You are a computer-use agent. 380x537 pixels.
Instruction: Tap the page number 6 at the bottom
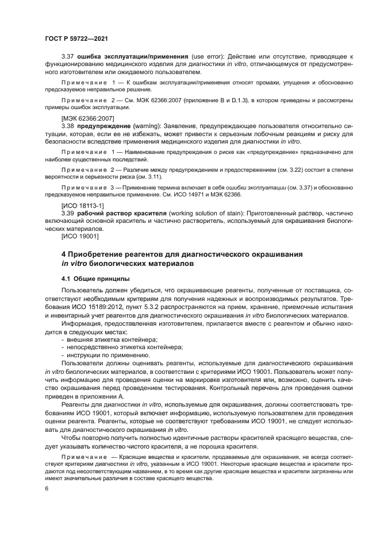46,488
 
